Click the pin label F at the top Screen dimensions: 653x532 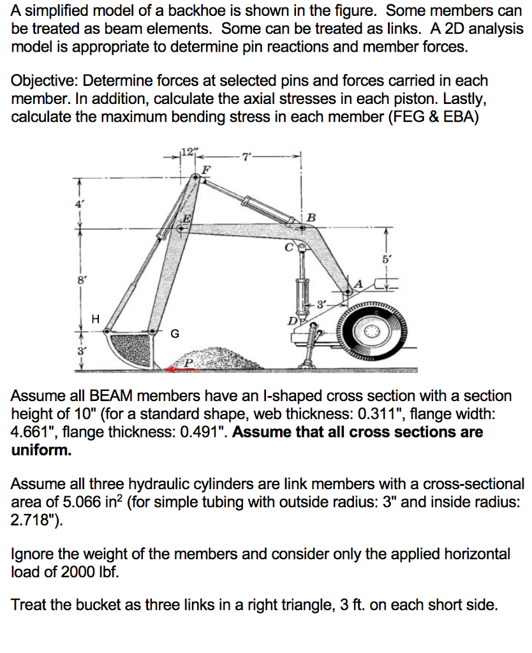click(205, 169)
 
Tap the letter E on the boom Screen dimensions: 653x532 click(186, 217)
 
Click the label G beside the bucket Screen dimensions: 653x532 click(175, 333)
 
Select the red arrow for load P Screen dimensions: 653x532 click(179, 368)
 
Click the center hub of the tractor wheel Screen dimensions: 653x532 click(373, 334)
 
